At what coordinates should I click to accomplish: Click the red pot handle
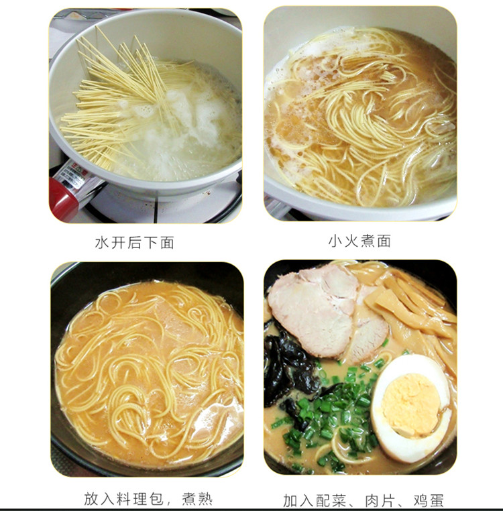[64, 198]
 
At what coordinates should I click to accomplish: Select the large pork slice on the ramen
[313, 312]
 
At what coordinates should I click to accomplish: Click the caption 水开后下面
[134, 243]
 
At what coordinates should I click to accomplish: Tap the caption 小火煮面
[359, 241]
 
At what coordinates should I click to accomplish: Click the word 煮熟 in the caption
[197, 499]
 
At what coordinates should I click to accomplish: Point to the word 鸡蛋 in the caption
[429, 500]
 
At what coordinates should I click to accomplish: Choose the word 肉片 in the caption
[380, 500]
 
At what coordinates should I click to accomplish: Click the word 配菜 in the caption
[331, 500]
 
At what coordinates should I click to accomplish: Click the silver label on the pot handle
[76, 178]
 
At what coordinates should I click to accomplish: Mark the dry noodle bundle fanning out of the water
[121, 98]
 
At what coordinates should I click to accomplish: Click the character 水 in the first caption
[101, 243]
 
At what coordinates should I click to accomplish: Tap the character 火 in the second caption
[351, 241]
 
